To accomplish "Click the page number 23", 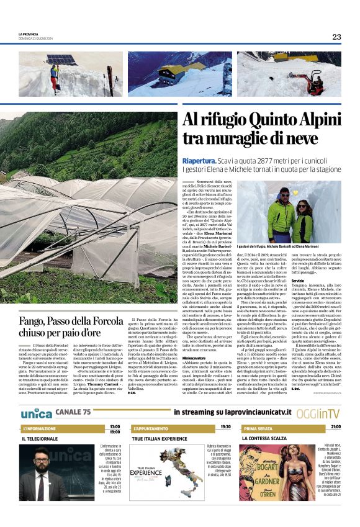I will (336, 37).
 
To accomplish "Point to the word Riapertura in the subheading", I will (199, 160).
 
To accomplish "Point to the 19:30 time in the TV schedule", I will (225, 427).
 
